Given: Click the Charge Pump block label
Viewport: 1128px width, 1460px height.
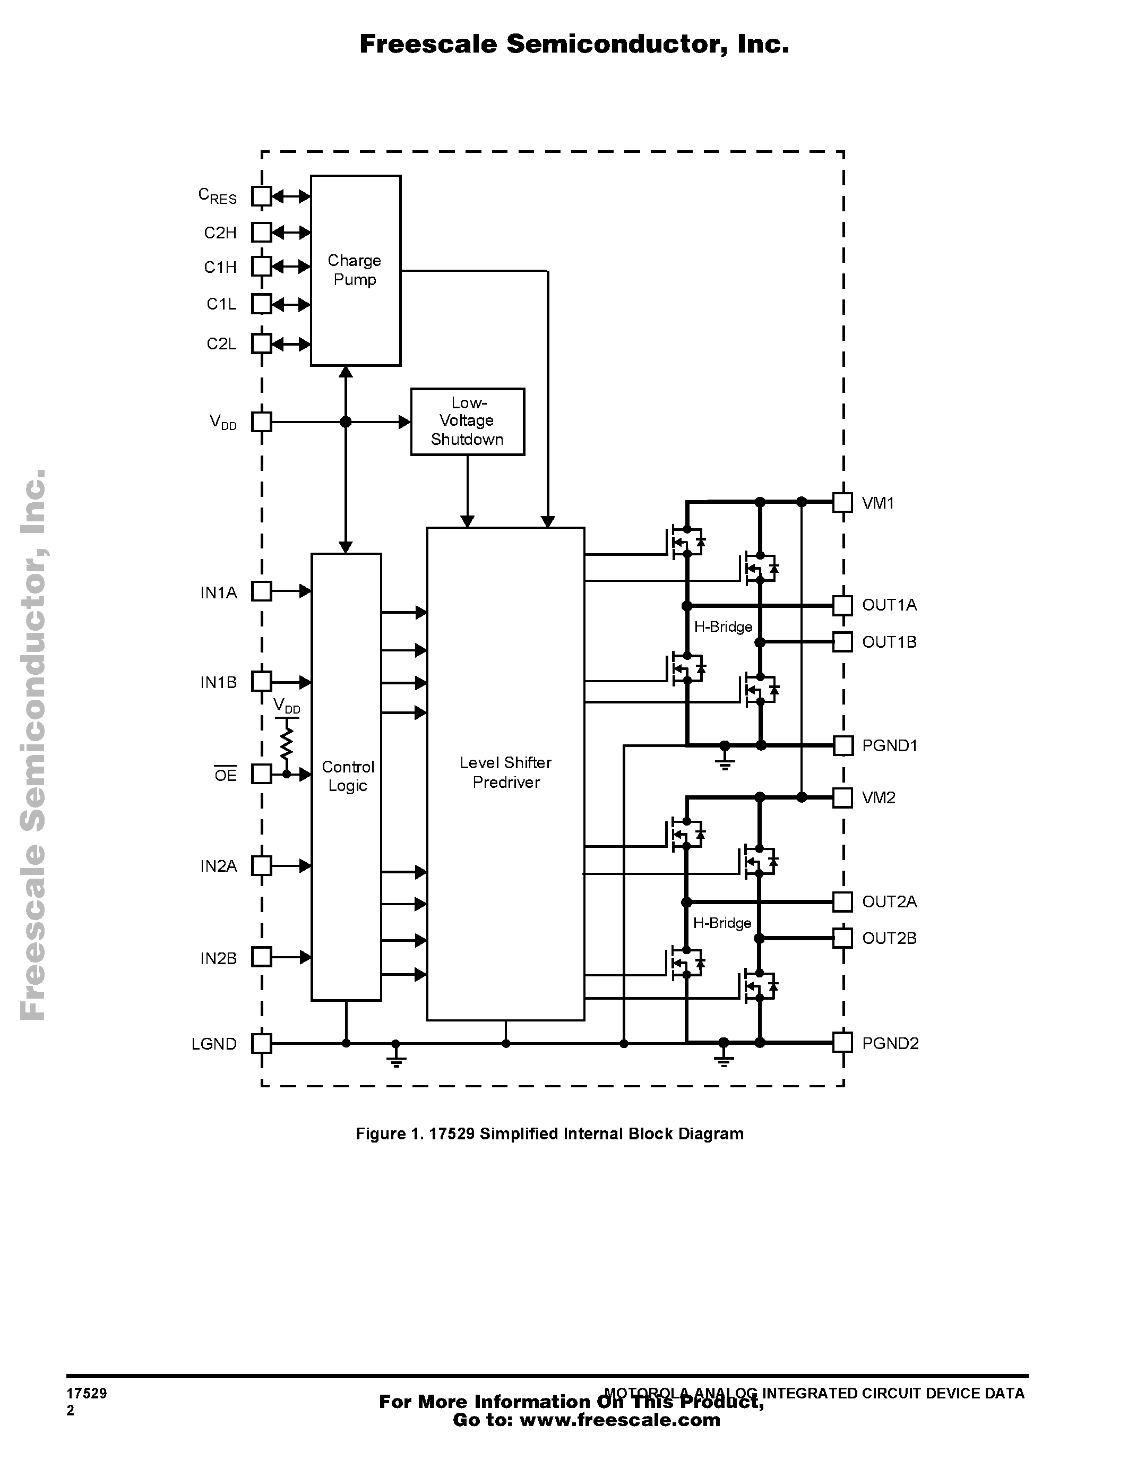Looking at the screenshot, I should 354,270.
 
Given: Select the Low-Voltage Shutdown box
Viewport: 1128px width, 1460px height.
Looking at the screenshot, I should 467,421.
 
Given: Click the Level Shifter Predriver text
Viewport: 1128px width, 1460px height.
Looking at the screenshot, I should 505,772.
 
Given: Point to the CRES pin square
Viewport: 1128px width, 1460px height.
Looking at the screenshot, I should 261,196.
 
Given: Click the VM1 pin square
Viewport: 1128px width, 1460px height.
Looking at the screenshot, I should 842,502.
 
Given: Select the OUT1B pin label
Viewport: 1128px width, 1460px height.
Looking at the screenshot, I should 889,642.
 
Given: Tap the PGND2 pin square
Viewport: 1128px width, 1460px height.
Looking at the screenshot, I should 842,1042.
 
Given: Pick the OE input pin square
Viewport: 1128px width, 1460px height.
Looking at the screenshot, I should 261,774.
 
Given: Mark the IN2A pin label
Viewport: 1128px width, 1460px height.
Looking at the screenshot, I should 219,866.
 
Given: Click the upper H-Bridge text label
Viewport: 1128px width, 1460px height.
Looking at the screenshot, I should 723,627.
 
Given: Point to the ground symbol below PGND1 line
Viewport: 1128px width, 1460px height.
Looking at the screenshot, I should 725,762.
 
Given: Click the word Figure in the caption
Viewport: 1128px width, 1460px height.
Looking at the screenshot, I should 378,1134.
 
